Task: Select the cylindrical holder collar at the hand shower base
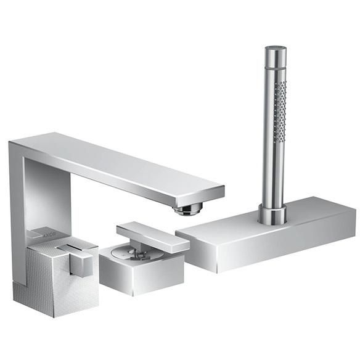(x=272, y=214)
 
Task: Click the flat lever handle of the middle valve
(x=153, y=237)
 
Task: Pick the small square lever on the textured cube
(x=81, y=264)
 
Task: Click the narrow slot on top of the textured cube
(x=69, y=248)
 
